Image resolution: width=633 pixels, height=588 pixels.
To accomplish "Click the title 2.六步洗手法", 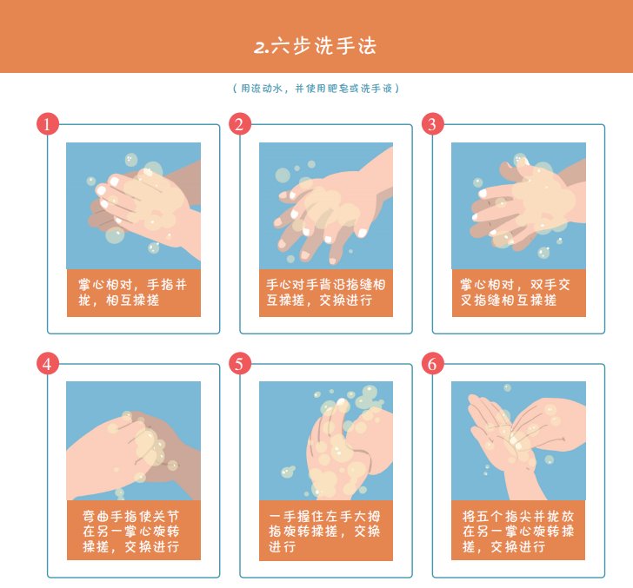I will point(316,46).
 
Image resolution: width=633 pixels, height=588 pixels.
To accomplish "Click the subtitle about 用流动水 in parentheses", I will point(316,89).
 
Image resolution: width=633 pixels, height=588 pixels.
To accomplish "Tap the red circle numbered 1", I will point(48,124).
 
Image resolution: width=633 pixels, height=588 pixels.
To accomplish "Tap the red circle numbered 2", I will point(240,124).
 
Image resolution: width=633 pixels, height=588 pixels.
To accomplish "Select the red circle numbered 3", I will point(432,124).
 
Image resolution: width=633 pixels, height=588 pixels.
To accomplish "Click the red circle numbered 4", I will point(48,363).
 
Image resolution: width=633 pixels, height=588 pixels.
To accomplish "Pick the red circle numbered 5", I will point(240,363).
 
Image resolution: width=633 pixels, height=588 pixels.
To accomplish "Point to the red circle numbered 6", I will point(432,363).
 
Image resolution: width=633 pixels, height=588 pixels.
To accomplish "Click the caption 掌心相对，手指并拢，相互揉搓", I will point(133,293).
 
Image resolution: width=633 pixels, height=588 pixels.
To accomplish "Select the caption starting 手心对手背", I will point(326,293).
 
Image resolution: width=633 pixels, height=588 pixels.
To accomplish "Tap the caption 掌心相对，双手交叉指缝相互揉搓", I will point(518,293).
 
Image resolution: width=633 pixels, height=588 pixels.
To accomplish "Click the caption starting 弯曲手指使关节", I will point(133,531).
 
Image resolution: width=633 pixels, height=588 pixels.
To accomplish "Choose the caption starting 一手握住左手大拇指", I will point(326,531).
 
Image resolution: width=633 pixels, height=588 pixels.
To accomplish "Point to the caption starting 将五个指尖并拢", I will point(518,531).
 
